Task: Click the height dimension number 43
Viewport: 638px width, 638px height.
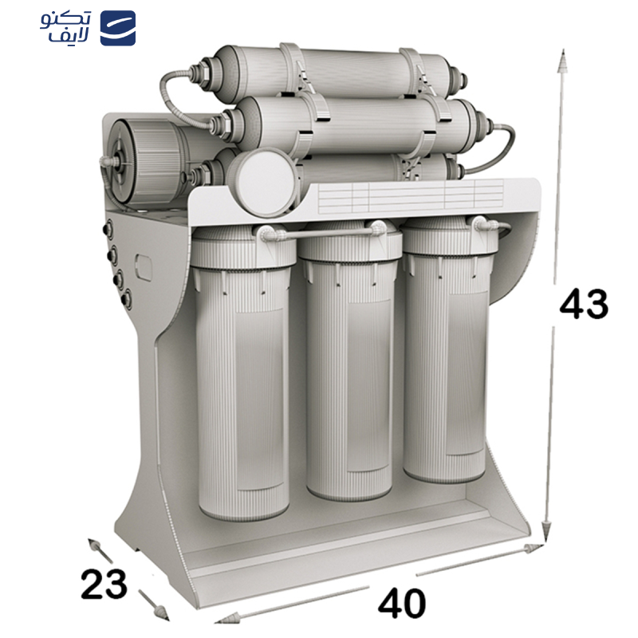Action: click(584, 304)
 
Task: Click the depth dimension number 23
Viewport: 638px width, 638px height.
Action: click(104, 584)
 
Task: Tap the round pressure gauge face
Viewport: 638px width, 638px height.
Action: click(263, 183)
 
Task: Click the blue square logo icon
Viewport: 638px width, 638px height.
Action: click(118, 28)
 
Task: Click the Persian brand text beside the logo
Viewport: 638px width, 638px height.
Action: click(66, 27)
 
